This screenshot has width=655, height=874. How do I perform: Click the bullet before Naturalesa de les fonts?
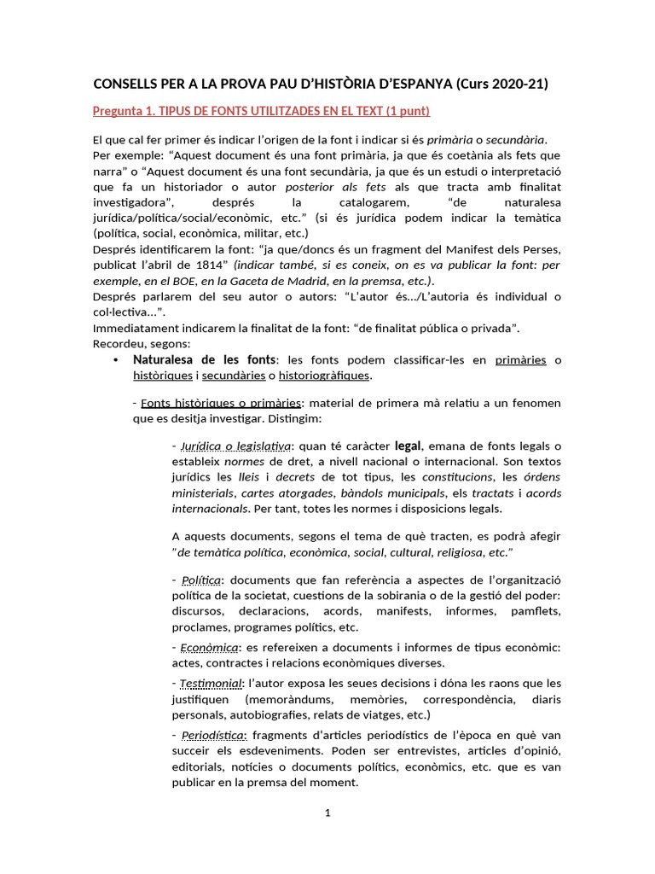pyautogui.click(x=115, y=360)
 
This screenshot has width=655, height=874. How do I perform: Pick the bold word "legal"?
pyautogui.click(x=409, y=446)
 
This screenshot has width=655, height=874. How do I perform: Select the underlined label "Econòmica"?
pyautogui.click(x=209, y=648)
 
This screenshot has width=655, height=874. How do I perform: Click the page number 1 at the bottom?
pyautogui.click(x=327, y=813)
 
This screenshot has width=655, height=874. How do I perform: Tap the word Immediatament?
pyautogui.click(x=136, y=328)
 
